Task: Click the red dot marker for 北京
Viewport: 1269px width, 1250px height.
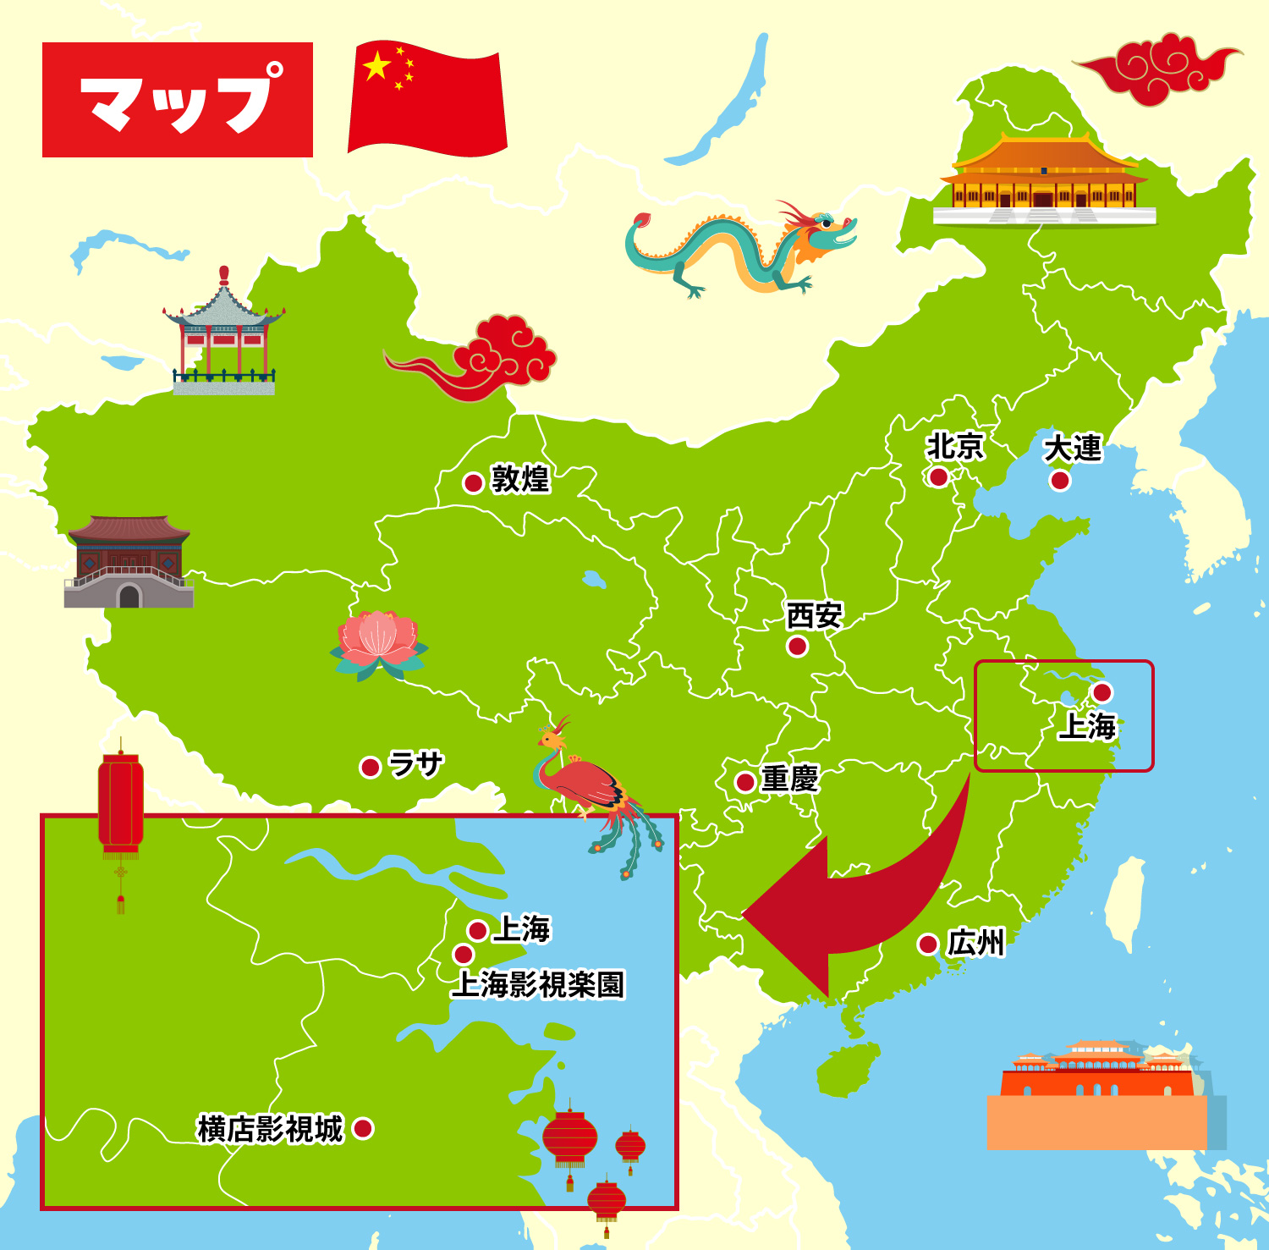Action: (938, 477)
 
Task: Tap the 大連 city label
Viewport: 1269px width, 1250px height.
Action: (1073, 448)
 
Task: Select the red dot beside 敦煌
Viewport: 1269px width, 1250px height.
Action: (473, 482)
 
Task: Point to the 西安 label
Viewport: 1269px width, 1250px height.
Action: (814, 615)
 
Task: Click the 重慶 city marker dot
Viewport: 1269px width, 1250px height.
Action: (745, 781)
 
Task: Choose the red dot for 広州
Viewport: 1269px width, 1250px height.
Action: (928, 944)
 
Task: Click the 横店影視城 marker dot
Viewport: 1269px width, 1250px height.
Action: (363, 1128)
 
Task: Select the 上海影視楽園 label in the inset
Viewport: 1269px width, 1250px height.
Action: (538, 984)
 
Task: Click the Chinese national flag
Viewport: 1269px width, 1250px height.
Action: (427, 98)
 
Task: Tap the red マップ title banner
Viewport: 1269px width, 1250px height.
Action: (178, 100)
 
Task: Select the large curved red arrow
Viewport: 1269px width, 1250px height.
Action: (854, 906)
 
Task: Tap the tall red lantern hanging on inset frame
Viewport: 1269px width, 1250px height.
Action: (121, 804)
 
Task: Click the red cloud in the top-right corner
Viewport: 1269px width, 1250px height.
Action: (1159, 68)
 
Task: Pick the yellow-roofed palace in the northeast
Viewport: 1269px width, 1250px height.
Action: (1045, 182)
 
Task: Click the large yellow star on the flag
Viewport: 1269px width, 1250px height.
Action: (376, 65)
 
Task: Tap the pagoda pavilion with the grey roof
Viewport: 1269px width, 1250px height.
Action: (223, 334)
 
